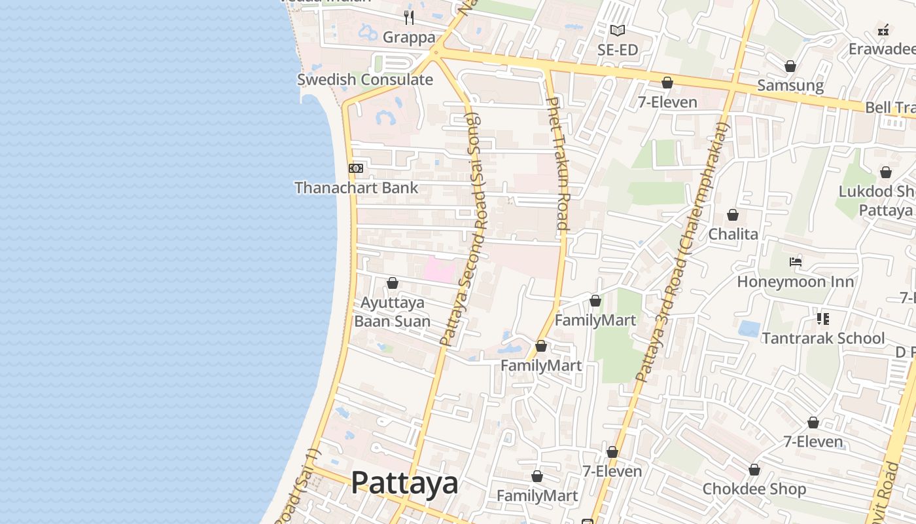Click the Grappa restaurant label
tap(409, 37)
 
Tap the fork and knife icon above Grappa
tap(409, 17)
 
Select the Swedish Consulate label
tap(365, 80)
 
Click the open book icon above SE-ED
tap(617, 30)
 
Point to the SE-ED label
tap(617, 50)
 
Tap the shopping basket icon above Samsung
tap(790, 66)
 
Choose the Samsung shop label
tap(790, 86)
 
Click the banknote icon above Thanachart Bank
tap(356, 168)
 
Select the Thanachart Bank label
tap(356, 188)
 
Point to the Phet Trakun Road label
tap(558, 163)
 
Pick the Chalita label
tap(733, 234)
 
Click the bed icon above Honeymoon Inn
tap(796, 262)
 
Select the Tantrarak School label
tap(823, 339)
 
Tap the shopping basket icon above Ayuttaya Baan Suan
tap(393, 283)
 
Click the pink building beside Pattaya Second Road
tap(440, 270)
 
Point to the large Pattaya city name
tap(404, 483)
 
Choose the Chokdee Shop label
tap(754, 489)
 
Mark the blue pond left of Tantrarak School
tap(749, 328)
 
